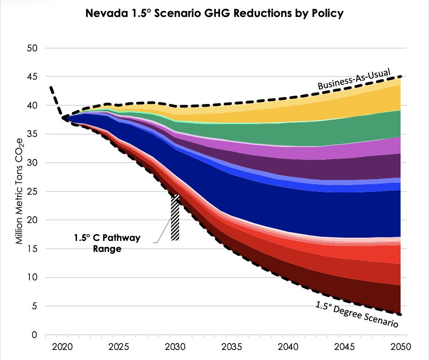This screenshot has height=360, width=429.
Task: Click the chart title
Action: (x=214, y=13)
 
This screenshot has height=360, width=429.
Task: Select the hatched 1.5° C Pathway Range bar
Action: (x=175, y=218)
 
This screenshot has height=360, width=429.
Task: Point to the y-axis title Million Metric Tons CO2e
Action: (x=20, y=191)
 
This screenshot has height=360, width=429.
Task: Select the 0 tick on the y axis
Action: (x=34, y=335)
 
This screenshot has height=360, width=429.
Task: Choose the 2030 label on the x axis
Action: (x=175, y=347)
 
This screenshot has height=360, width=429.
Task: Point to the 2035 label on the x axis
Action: (x=231, y=347)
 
